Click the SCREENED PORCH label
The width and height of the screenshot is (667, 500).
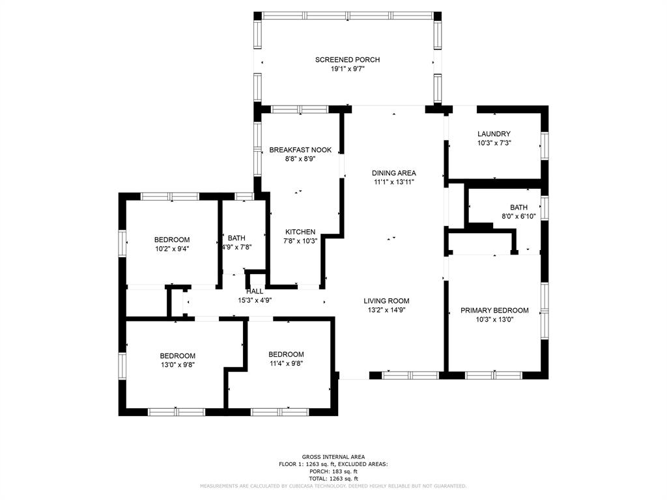coord(347,60)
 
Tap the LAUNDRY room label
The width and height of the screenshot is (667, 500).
coord(494,134)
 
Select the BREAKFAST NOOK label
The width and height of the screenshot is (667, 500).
coord(300,150)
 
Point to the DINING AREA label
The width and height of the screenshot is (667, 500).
coord(394,173)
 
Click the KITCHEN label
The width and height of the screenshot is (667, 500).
coord(300,232)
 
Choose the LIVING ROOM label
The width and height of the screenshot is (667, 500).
coord(386,301)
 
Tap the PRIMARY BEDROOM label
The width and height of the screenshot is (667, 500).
coord(494,311)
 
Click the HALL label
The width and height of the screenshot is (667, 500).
coord(255,291)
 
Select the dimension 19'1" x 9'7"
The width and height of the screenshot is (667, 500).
coord(348,69)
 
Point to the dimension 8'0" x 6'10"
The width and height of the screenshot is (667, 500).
coord(518,216)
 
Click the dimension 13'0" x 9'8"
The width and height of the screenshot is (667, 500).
coord(177,365)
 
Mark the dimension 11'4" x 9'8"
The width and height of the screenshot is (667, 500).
coord(286,363)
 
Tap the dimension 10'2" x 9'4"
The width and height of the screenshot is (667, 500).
coord(172,249)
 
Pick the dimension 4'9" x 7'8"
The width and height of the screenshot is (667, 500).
coord(237,247)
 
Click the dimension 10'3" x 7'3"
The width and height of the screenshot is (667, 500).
coord(494,143)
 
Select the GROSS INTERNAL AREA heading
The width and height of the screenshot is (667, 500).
coord(333,457)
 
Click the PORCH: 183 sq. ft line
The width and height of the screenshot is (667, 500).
coord(333,471)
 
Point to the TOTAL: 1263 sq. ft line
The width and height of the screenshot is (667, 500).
coord(333,479)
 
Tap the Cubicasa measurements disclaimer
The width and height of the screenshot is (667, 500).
coord(333,486)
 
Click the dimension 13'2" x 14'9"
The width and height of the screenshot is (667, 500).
coord(386,311)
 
